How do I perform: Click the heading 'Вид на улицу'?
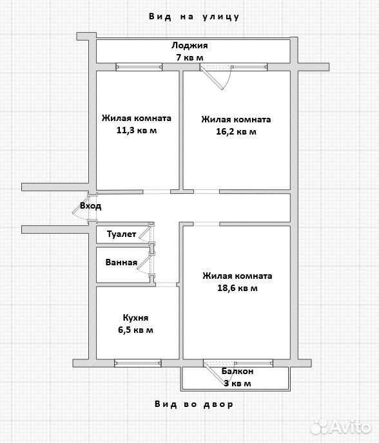click(x=194, y=17)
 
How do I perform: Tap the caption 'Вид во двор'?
click(x=194, y=404)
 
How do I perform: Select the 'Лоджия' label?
click(x=189, y=46)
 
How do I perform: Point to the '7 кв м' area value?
click(x=189, y=57)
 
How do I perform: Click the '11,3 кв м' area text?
click(x=137, y=131)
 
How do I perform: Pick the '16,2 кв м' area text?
click(x=236, y=131)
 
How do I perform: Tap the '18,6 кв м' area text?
click(x=237, y=288)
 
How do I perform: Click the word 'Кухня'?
click(x=135, y=318)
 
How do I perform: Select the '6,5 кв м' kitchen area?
click(x=135, y=330)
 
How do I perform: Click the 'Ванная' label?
click(x=121, y=263)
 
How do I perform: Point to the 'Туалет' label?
click(x=121, y=234)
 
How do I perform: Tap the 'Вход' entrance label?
click(x=90, y=205)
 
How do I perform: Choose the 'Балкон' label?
click(x=237, y=372)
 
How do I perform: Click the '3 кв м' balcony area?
click(x=237, y=383)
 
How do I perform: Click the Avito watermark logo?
click(x=341, y=427)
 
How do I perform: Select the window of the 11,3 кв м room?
click(x=139, y=67)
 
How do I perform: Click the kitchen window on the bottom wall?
click(x=138, y=363)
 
